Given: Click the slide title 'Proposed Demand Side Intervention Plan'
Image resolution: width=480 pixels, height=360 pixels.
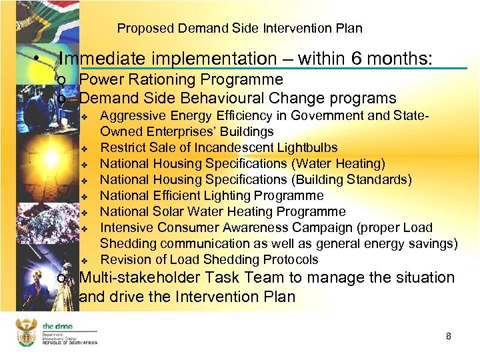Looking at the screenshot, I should click(x=239, y=28).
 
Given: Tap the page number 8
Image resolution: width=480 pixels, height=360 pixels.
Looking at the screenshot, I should click(x=449, y=336).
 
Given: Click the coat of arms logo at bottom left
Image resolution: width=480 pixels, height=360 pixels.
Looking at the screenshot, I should click(x=26, y=331).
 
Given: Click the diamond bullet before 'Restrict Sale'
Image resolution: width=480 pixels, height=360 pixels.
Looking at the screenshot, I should click(x=85, y=148).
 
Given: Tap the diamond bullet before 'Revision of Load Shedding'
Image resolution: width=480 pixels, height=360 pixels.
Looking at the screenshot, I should click(x=85, y=260).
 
